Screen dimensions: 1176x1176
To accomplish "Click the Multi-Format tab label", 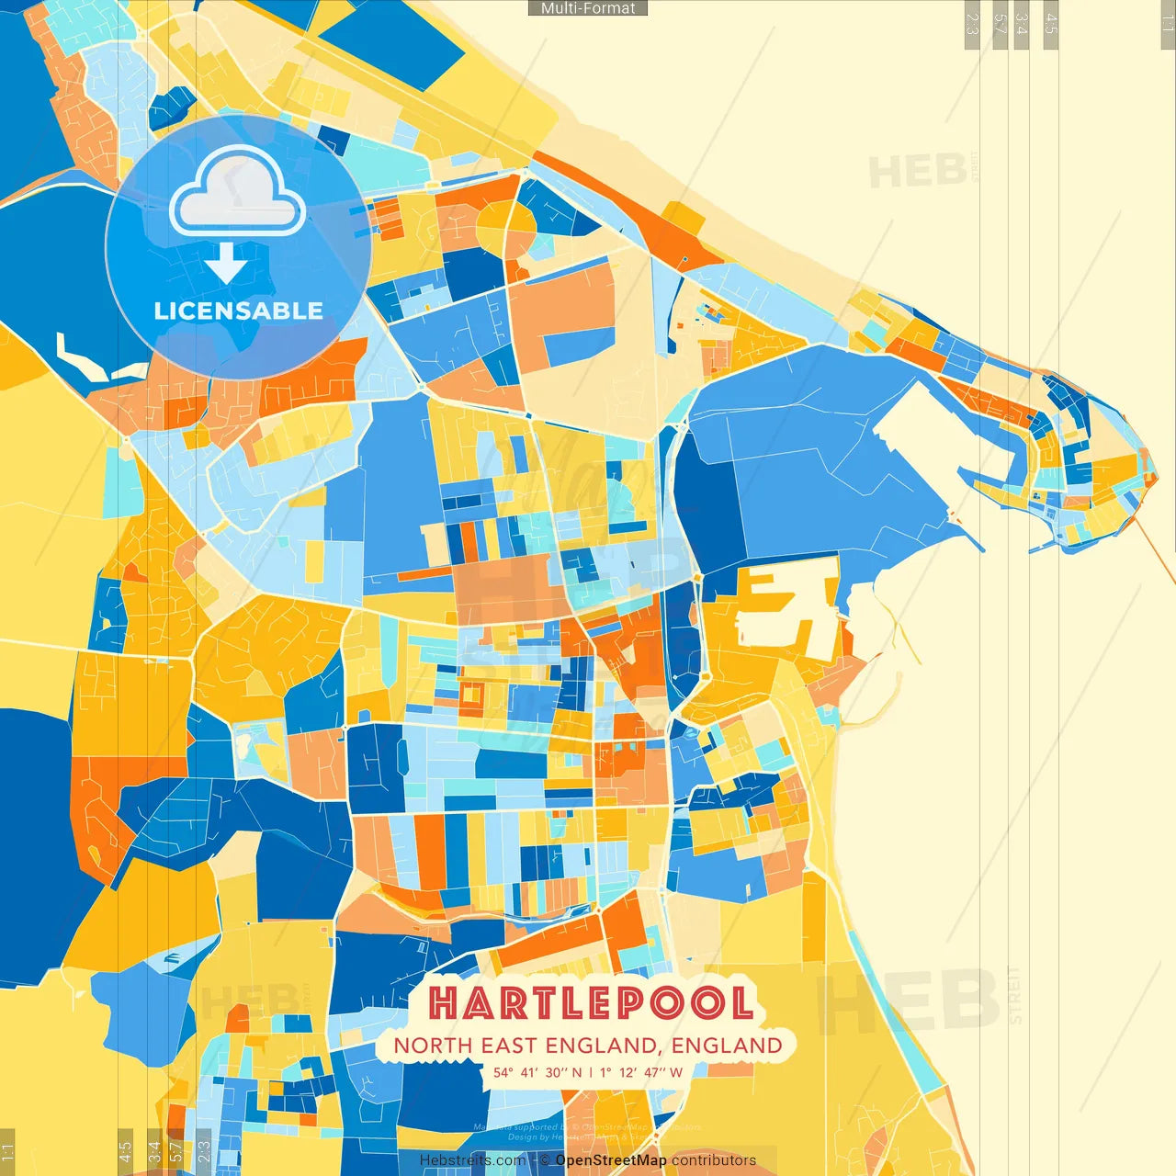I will [x=588, y=8].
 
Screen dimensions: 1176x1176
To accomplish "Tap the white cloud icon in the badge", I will [x=238, y=193].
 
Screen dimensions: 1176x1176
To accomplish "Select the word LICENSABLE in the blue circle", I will [x=238, y=311].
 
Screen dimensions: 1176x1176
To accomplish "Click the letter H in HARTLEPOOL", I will [x=444, y=1003].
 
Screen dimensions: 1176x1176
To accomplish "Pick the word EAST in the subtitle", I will [x=504, y=1046].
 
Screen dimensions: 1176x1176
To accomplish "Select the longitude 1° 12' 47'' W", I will [x=641, y=1072].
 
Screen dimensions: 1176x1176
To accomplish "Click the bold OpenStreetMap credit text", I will [x=611, y=1160].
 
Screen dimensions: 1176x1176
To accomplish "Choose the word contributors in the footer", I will [x=714, y=1160].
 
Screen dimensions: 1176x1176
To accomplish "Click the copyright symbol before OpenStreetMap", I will [x=546, y=1160].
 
